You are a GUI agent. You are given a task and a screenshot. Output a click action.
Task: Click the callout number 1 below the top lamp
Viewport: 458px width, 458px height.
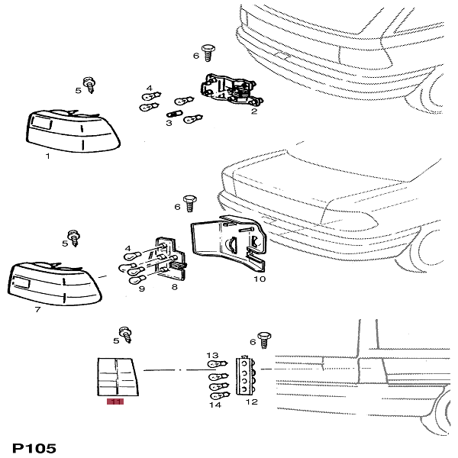click(x=47, y=156)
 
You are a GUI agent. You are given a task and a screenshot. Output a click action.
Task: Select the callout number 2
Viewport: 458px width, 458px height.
click(x=253, y=111)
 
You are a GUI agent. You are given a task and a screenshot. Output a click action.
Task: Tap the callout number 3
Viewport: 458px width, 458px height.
click(x=169, y=122)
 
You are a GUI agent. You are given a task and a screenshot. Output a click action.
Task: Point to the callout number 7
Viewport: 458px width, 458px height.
click(x=37, y=311)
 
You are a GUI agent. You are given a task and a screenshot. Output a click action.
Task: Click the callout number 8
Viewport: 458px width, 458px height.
click(x=174, y=287)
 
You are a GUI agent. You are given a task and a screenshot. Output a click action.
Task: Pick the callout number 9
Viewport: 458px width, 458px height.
click(x=142, y=289)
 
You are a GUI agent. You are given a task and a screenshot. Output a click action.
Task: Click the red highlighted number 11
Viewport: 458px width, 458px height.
click(x=117, y=402)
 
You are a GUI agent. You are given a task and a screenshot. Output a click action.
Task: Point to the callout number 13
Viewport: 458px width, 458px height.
click(x=213, y=356)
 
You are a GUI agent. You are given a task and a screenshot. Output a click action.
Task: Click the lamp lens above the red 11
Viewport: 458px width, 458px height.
click(x=116, y=376)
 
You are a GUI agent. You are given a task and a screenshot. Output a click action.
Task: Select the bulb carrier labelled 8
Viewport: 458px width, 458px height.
click(x=168, y=260)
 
